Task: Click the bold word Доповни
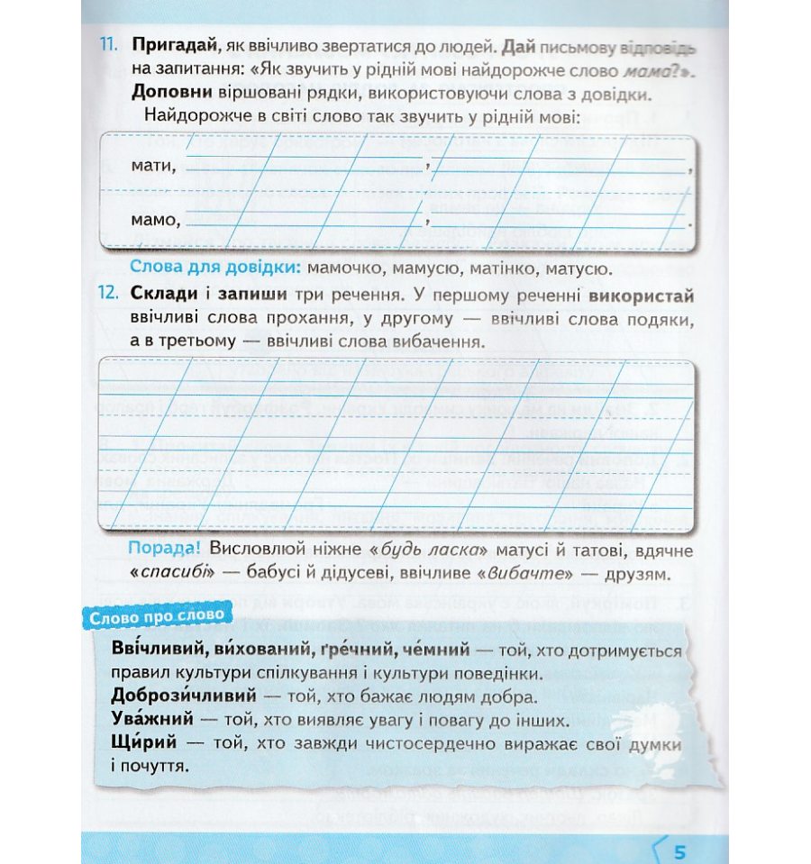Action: pyautogui.click(x=171, y=93)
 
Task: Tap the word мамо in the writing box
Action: pyautogui.click(x=155, y=219)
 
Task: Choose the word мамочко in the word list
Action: pyautogui.click(x=347, y=268)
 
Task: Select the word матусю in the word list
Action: pyautogui.click(x=577, y=268)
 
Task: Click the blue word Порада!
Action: pyautogui.click(x=167, y=549)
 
